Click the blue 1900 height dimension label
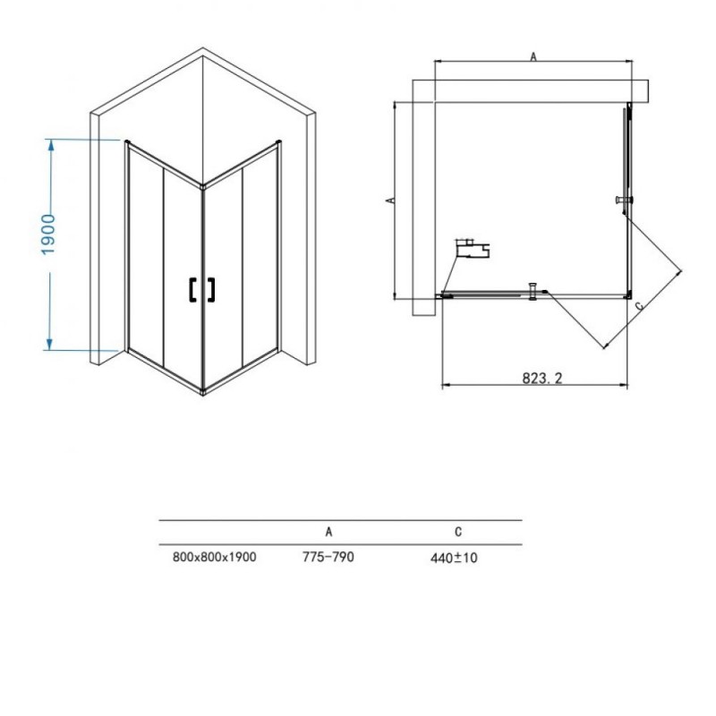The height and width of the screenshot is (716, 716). (48, 234)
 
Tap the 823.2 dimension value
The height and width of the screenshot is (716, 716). (542, 378)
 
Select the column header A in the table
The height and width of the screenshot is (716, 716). (328, 532)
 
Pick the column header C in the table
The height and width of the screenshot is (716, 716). (458, 532)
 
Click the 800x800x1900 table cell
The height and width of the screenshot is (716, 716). (215, 557)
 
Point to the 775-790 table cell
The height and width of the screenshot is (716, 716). (328, 557)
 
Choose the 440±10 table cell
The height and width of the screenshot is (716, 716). (454, 558)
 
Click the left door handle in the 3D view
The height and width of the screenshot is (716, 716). (192, 289)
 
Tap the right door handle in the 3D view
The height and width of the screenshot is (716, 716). (210, 289)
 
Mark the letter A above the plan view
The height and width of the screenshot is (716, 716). (533, 56)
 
